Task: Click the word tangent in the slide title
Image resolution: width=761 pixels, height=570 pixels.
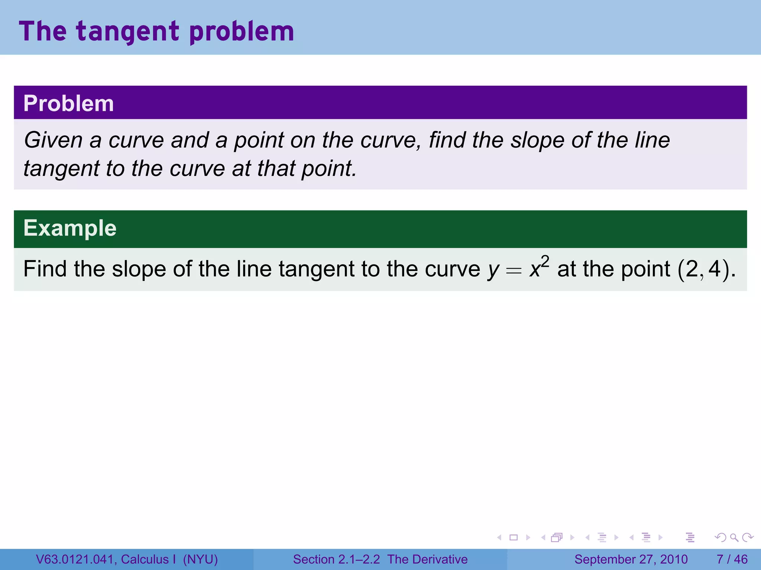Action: click(x=128, y=32)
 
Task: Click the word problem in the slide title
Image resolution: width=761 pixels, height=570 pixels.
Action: click(x=242, y=32)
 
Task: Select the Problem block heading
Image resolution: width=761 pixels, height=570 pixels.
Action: click(x=69, y=103)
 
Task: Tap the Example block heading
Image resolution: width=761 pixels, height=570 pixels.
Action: click(x=70, y=228)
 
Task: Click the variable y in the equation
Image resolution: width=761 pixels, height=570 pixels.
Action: click(x=493, y=269)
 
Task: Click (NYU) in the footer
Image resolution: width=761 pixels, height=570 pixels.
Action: click(x=200, y=559)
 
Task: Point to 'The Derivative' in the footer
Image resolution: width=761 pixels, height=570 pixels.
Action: click(x=427, y=559)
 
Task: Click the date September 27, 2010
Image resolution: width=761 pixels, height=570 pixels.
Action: click(x=631, y=559)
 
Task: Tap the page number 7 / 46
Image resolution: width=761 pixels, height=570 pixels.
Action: click(x=732, y=559)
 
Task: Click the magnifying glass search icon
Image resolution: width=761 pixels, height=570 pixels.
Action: click(x=734, y=537)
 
